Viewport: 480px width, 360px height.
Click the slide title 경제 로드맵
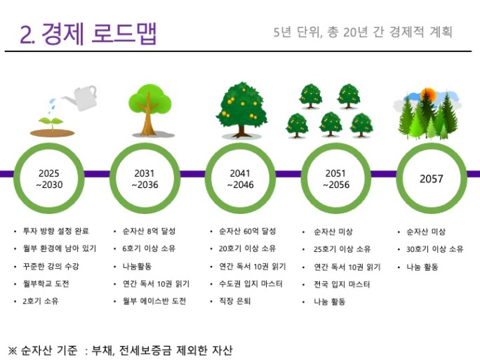98,34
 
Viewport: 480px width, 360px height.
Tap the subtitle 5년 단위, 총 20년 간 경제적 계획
363,32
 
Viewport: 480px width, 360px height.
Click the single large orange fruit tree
241,109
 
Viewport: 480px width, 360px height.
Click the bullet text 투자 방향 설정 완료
56,231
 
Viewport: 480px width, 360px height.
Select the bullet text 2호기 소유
41,301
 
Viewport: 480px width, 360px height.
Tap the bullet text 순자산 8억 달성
149,231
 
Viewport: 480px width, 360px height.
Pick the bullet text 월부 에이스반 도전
154,301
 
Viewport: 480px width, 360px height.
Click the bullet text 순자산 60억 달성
247,231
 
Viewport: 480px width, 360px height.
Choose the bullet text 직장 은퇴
235,301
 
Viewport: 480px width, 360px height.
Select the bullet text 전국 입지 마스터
342,284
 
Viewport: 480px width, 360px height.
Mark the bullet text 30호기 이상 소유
434,249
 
